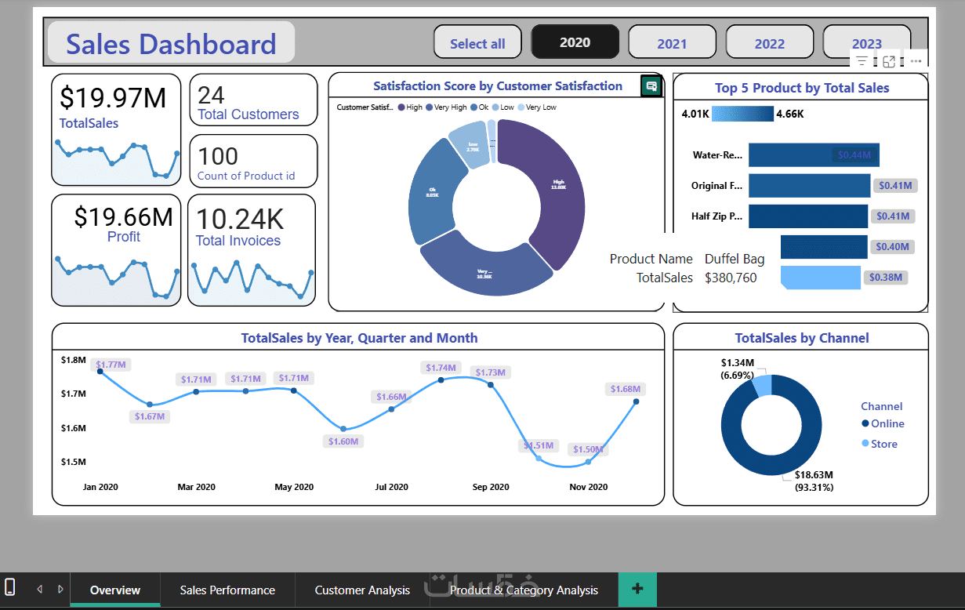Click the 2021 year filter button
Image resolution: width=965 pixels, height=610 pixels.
[x=672, y=43]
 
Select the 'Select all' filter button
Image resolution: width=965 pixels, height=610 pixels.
[x=477, y=43]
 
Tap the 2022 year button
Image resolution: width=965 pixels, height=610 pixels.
[x=769, y=43]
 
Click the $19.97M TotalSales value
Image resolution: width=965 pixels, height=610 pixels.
[x=113, y=98]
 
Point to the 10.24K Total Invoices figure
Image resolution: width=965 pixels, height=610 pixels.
[x=239, y=219]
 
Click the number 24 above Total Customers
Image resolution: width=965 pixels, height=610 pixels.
[x=211, y=96]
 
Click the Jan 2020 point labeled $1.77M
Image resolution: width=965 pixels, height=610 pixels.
[x=100, y=371]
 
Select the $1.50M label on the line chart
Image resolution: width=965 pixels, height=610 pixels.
[x=588, y=449]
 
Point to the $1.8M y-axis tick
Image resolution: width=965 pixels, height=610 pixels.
[x=73, y=360]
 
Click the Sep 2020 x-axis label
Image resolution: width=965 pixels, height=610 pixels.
[x=491, y=487]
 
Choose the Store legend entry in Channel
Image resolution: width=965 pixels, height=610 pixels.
[x=883, y=444]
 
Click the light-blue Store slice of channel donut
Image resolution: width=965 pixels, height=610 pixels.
[x=762, y=385]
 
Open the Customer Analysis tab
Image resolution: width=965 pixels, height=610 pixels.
[x=362, y=590]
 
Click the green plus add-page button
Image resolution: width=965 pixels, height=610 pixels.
[x=637, y=589]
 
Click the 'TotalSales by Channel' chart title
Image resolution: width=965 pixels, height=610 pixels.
[x=801, y=338]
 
